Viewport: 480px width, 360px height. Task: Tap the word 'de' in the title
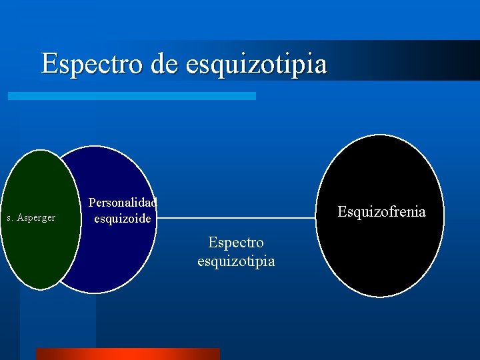[x=165, y=64]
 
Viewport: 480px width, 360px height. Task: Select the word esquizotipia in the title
[x=257, y=64]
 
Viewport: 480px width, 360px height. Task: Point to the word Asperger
[x=37, y=218]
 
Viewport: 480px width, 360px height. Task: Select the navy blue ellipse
[x=113, y=253]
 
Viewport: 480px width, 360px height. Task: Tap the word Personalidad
[x=123, y=203]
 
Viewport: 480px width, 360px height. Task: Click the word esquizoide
[x=123, y=218]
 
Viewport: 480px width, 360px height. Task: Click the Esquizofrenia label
[x=381, y=212]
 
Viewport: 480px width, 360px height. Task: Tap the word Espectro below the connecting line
[x=236, y=243]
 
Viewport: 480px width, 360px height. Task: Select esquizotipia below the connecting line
[x=236, y=261]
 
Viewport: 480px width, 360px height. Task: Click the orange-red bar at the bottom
[x=127, y=353]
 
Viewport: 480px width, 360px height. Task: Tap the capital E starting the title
[x=49, y=64]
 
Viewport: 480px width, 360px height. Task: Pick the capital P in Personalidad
[x=92, y=203]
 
